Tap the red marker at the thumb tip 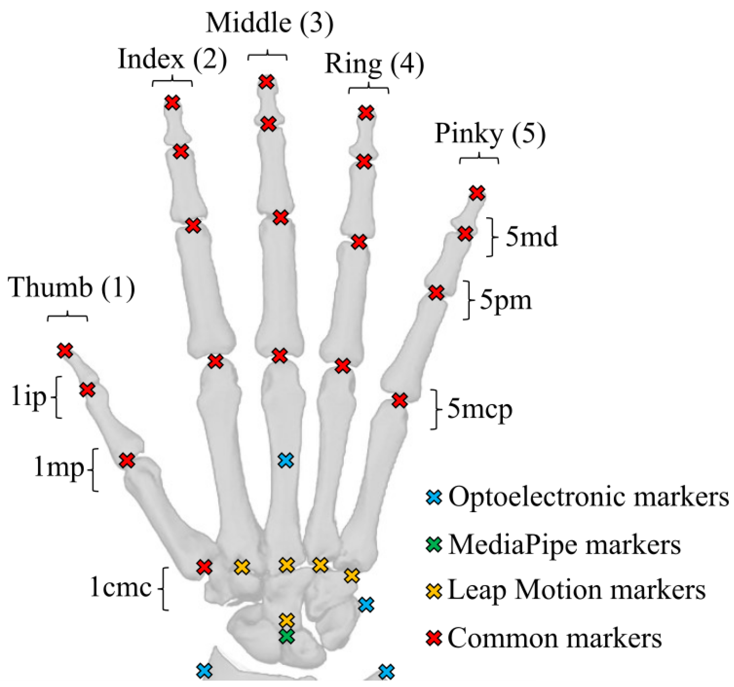[x=65, y=350]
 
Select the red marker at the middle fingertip [x=266, y=82]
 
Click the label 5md [x=531, y=237]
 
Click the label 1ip [x=29, y=397]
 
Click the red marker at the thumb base [x=204, y=567]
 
